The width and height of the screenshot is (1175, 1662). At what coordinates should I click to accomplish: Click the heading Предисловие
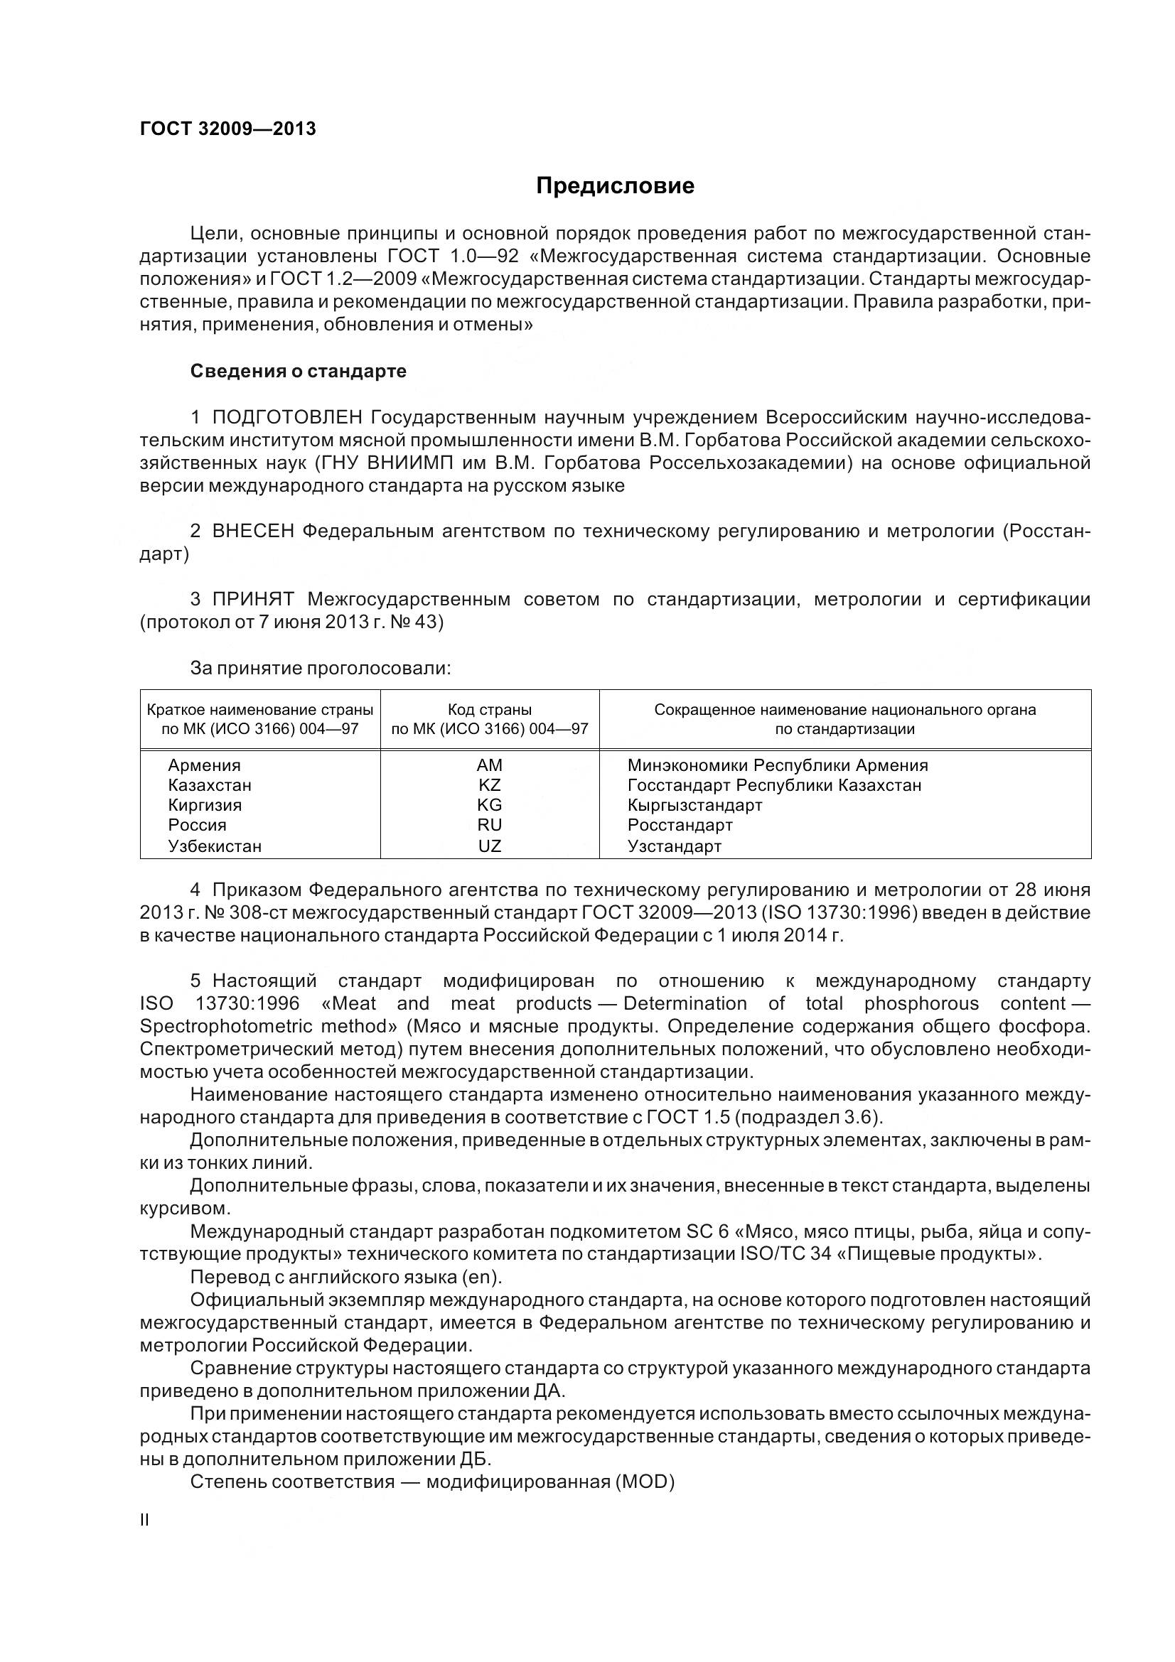pyautogui.click(x=615, y=186)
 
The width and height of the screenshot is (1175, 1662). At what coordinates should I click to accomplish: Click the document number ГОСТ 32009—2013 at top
pyautogui.click(x=228, y=129)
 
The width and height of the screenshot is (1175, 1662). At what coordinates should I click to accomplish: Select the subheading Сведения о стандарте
pyautogui.click(x=299, y=372)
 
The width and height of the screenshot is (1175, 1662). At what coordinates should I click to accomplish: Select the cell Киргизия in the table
pyautogui.click(x=205, y=806)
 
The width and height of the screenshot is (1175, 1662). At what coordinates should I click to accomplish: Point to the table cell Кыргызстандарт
pyautogui.click(x=694, y=806)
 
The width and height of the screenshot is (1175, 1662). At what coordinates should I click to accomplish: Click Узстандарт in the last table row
pyautogui.click(x=674, y=846)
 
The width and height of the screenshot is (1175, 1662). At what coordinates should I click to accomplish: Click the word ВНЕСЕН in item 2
pyautogui.click(x=252, y=531)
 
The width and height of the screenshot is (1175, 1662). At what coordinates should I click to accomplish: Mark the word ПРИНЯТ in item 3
pyautogui.click(x=252, y=600)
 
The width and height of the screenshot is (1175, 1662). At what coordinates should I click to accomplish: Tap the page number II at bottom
pyautogui.click(x=145, y=1520)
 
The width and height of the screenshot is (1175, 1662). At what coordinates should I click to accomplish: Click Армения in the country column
pyautogui.click(x=204, y=765)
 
